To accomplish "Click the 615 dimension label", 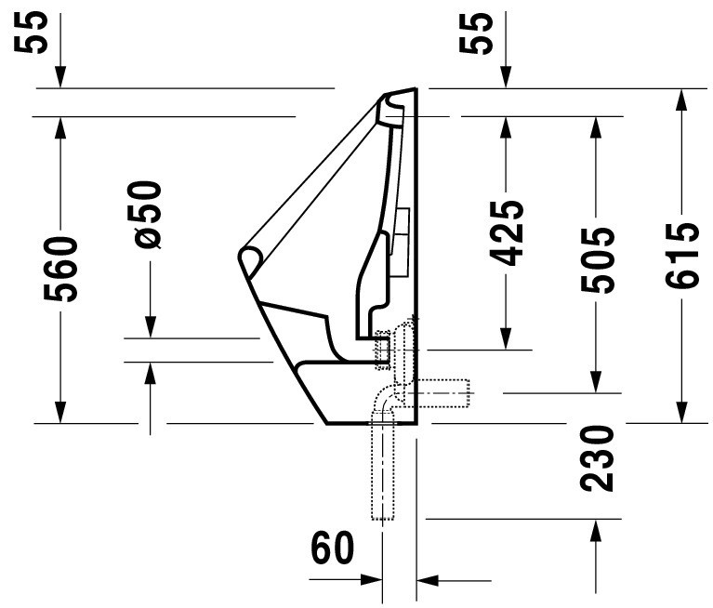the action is [x=681, y=255].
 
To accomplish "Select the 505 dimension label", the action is [x=597, y=259].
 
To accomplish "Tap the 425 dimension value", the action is [x=507, y=232].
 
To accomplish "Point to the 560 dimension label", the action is [x=60, y=269].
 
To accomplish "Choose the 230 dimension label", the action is [x=597, y=458].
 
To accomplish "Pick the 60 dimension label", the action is [x=332, y=547].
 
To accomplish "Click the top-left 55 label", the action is [x=31, y=33].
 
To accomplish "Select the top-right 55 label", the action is [x=476, y=33].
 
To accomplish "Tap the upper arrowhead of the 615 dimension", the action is [x=680, y=100].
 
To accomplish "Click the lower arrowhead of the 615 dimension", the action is [x=680, y=412].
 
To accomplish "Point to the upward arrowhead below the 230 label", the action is [x=596, y=530].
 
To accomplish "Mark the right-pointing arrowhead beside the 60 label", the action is [x=371, y=579].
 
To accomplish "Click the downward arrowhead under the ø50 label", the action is [x=151, y=327].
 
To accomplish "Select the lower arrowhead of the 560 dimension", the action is [x=60, y=412].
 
